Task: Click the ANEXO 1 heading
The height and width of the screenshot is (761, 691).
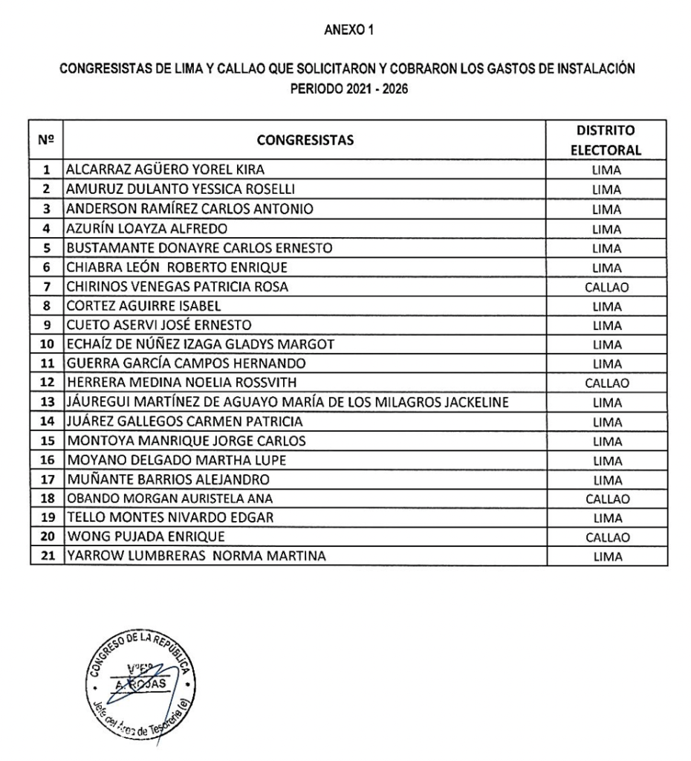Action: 345,30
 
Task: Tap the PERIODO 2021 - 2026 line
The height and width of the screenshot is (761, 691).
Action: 345,87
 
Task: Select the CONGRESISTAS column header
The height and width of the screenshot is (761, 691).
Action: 305,139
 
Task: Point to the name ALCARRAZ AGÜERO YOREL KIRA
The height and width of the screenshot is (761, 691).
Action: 164,169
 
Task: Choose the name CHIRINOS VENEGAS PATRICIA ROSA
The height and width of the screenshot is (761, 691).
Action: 175,286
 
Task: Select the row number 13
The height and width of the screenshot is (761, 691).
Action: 46,403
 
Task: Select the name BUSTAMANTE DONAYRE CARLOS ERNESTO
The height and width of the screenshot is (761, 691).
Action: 196,247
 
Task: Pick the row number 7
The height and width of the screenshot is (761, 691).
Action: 46,286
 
